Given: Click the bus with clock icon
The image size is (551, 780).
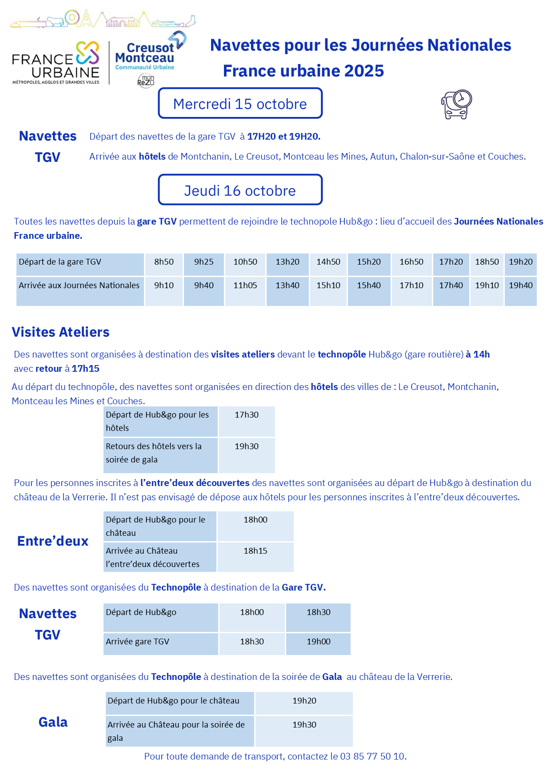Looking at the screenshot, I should coord(456,105).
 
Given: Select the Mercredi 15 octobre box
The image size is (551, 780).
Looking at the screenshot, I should coord(240,104).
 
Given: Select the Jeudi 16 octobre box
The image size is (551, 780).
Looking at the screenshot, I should coord(240,190).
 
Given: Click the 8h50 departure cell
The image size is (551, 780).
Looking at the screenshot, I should coord(164,262).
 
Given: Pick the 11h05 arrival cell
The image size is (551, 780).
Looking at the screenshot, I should coord(245,286).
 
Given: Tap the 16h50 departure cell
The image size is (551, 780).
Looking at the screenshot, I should coord(411,262).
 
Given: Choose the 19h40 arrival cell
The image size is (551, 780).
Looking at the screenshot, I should coord(521,286).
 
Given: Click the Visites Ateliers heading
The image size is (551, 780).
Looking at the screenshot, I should coord(60,332).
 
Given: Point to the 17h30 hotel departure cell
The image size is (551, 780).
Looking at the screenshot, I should coord(247,415).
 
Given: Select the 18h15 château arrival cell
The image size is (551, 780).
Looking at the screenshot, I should coord(256,551).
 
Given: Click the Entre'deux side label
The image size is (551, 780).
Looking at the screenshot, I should coord(53,541).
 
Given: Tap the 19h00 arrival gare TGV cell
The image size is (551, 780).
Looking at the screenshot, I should coord(319,642).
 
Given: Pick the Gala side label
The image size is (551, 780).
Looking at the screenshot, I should coord(53,722).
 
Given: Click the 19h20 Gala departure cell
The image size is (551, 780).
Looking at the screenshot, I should coord(304,701).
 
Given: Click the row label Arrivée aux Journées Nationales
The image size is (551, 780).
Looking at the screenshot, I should coord(79,286).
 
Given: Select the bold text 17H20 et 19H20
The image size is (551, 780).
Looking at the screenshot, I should coord(283,137).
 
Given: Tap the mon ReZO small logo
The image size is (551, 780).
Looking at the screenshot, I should coord(146,81).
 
